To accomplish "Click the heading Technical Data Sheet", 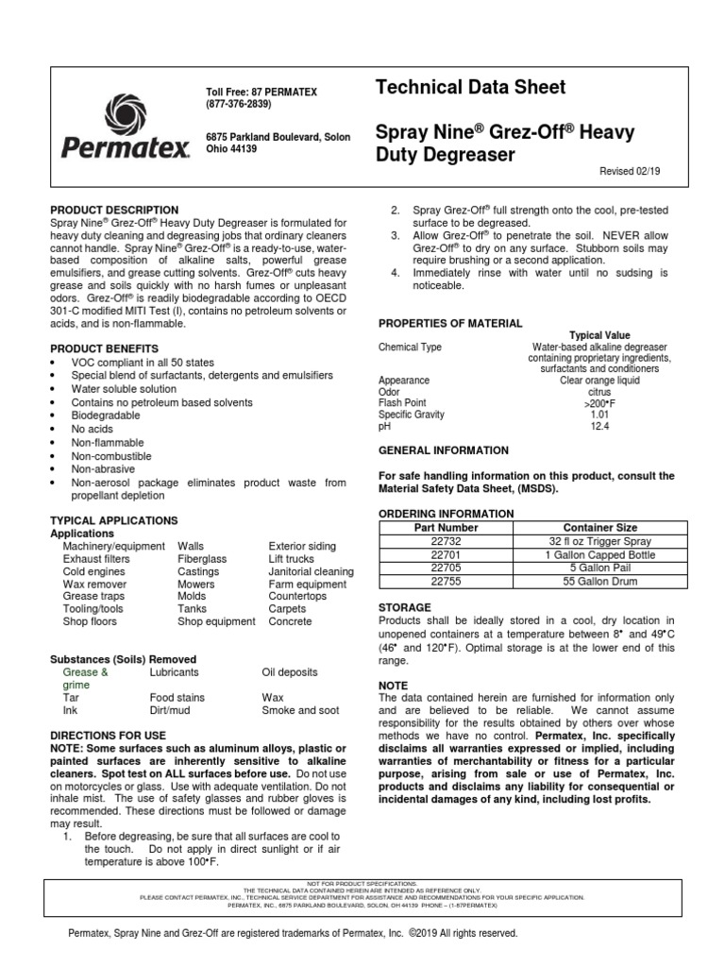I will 471,88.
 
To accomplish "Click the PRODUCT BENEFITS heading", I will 106,348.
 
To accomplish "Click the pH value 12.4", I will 599,427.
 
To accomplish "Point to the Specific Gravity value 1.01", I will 599,415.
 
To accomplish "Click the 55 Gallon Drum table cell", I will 600,582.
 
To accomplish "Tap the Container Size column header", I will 600,528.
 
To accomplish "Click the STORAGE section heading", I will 405,606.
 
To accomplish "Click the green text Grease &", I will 86,672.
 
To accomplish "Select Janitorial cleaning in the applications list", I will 312,571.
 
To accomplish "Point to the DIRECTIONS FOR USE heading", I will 108,735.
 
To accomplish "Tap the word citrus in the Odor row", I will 599,392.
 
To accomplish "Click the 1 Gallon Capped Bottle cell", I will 600,555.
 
